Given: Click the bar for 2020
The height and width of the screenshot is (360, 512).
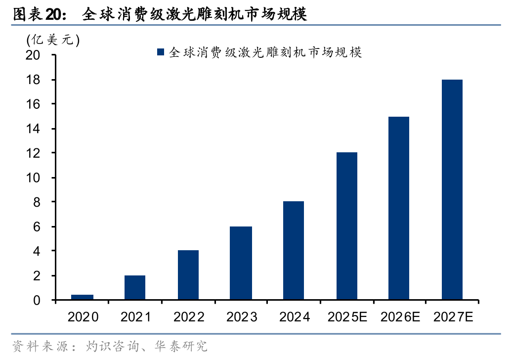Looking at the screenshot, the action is point(82,297).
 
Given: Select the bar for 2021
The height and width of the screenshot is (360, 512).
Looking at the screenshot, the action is point(135,287).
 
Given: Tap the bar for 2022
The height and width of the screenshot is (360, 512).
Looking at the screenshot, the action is point(188,275).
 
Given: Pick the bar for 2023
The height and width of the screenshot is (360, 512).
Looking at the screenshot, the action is point(241,263).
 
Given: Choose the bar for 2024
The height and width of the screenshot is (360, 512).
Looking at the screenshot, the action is point(294,250).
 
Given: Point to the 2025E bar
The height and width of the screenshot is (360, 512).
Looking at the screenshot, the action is point(347,225).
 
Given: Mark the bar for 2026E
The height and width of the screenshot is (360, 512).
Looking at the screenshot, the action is point(399,208).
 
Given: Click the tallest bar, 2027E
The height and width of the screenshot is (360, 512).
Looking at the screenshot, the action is point(452,189).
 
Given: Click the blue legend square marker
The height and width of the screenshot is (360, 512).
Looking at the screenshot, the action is point(161,52).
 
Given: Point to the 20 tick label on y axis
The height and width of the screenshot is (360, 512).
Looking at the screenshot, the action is point(33,55).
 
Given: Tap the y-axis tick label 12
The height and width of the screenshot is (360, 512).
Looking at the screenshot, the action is point(33,153).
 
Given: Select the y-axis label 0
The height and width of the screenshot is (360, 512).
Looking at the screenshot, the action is point(37,300).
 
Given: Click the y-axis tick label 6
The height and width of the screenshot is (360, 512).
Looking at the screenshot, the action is point(37,226).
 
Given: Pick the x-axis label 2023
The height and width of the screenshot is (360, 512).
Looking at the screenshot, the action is point(242,317).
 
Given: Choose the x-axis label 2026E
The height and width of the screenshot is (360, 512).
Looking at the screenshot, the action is point(400,317).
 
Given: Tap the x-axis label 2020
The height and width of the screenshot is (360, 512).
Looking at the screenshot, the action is point(83,317).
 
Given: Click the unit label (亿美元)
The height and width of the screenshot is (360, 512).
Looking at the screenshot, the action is point(53,40).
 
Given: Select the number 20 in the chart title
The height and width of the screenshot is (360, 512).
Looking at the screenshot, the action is point(52,15).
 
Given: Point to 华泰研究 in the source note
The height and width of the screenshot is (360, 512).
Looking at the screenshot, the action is point(181,346).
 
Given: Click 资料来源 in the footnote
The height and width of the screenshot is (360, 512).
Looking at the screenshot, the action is point(40,346).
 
